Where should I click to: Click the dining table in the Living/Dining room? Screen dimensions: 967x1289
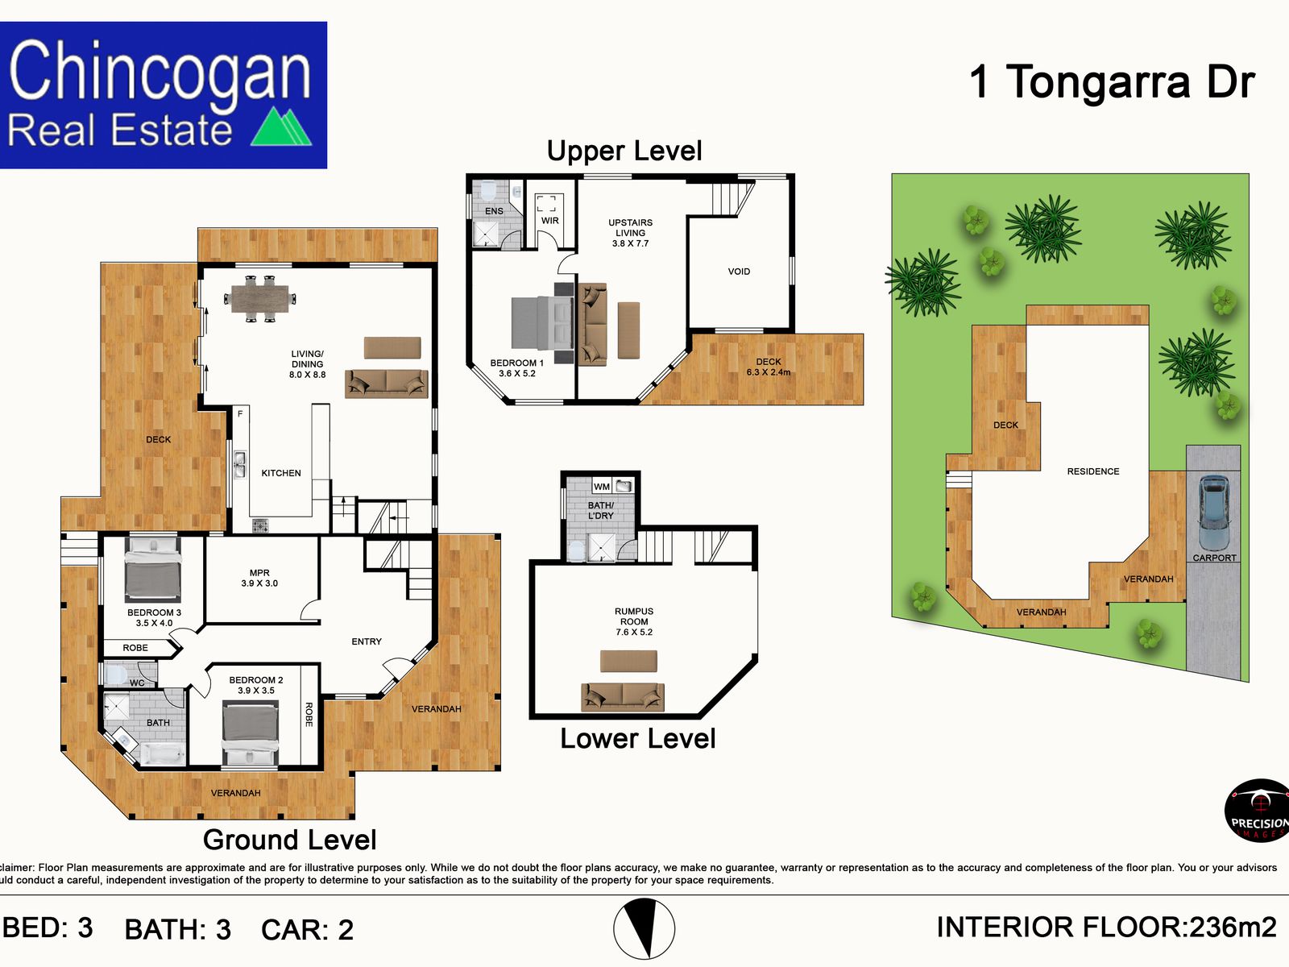259,299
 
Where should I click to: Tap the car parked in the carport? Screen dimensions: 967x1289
1213,513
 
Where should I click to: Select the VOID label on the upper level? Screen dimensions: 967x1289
739,272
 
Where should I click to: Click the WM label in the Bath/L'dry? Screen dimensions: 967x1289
602,487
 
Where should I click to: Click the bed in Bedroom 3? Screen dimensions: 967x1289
152,571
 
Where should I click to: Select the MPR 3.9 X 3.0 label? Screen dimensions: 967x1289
259,578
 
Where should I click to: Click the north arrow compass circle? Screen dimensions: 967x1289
644,928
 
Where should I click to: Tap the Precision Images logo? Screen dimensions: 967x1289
1258,811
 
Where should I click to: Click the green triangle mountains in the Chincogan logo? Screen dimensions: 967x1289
282,127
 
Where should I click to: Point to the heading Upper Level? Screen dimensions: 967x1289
624,151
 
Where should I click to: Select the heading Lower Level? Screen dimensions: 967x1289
637,738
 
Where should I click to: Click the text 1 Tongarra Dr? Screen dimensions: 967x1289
1112,81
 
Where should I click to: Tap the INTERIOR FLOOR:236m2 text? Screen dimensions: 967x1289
1106,928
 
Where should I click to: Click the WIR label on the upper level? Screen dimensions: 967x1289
549,220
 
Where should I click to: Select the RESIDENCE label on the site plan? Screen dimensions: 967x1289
1093,471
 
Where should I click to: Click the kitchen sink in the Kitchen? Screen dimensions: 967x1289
239,465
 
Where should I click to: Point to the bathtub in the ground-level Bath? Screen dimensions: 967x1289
164,754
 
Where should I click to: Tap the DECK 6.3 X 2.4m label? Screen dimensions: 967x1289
768,367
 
